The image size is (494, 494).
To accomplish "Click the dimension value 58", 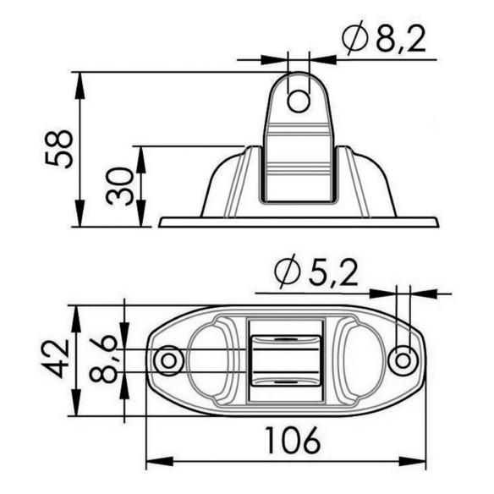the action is pos(59,149).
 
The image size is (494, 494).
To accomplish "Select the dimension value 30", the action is pos(119,186).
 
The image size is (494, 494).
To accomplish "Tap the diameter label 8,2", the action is pos(401,40).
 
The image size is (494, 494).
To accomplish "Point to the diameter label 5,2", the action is pos(333,273).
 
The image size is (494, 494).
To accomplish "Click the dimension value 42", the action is pos(56,359).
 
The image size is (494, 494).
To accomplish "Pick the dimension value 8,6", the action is pos(103,359).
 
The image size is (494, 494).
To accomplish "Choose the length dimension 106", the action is pos(294,440).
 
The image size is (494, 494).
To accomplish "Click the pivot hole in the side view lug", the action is pos(299,102).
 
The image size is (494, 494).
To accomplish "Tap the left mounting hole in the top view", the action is pos(168,360).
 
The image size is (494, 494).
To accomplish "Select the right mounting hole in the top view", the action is pos(403,360).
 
